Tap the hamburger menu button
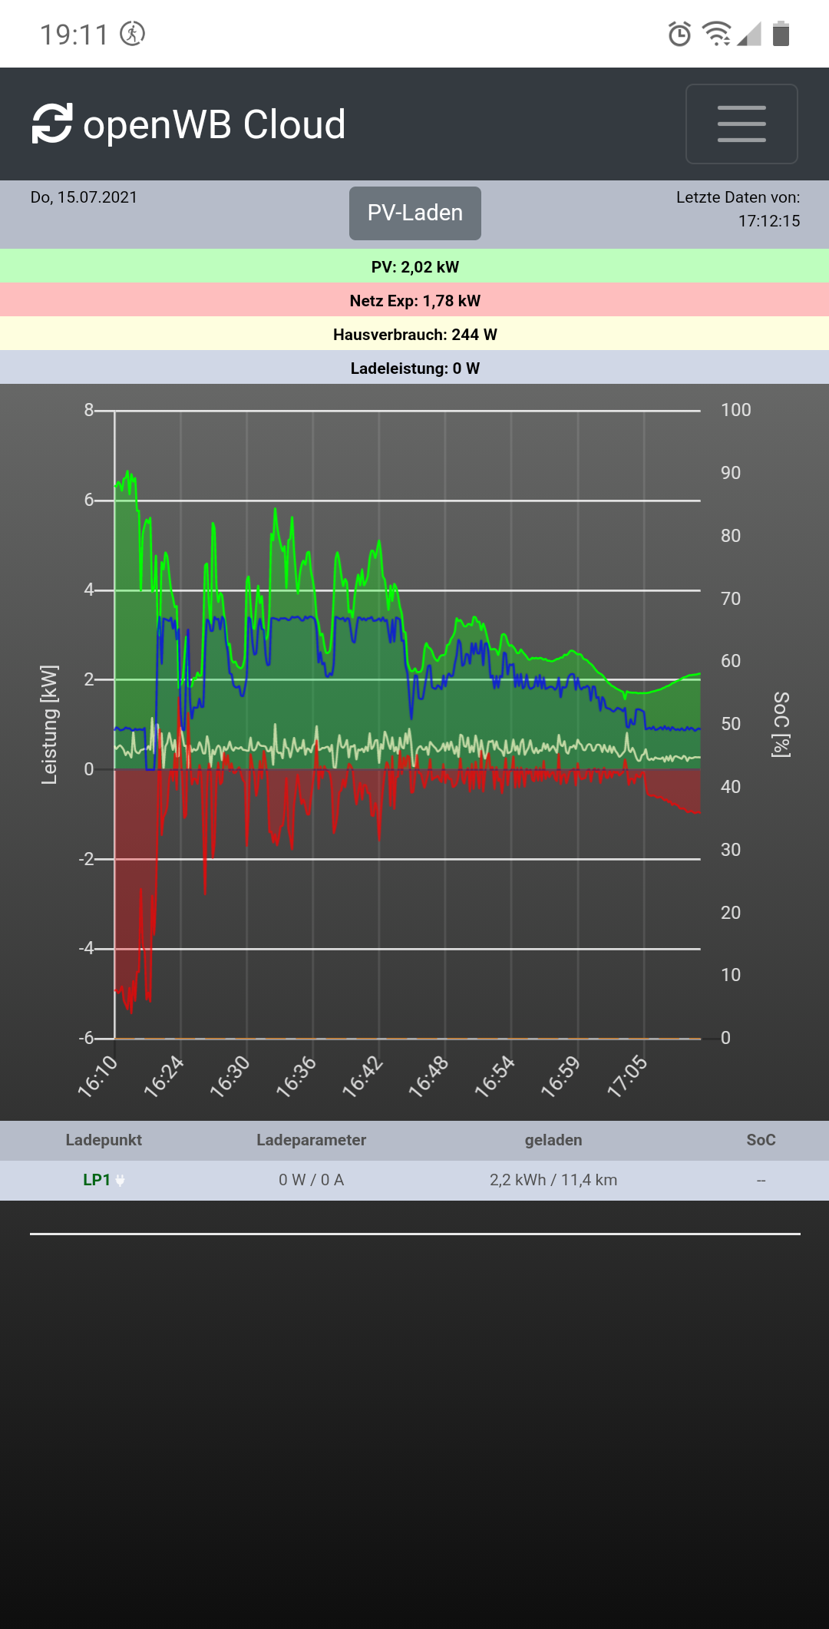(741, 124)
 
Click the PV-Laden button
(415, 213)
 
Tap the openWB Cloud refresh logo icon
(52, 124)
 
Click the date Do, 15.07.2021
(84, 197)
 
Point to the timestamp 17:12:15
(768, 221)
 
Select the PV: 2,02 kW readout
(414, 267)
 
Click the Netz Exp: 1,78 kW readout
(414, 301)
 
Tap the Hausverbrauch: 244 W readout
(414, 335)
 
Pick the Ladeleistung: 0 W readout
(414, 368)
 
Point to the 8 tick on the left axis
(89, 410)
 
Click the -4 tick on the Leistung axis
(86, 948)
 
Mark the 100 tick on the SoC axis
(735, 410)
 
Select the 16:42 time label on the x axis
(362, 1076)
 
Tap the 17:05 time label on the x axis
(628, 1076)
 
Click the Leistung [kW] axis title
(49, 725)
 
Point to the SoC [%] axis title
(781, 725)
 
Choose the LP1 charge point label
(97, 1180)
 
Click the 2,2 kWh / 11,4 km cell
(553, 1180)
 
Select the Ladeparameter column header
(311, 1140)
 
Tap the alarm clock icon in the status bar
(679, 34)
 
